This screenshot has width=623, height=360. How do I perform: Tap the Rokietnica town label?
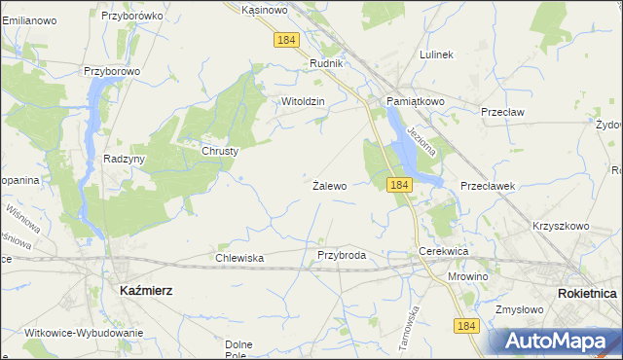(589, 293)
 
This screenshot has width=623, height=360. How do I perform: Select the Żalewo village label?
(330, 185)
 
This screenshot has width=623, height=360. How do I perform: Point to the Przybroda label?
(342, 255)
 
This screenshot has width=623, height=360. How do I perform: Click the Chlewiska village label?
(239, 258)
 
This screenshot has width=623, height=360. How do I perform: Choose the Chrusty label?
(220, 151)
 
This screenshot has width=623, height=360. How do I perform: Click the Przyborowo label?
(113, 71)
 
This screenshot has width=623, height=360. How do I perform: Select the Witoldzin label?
(302, 101)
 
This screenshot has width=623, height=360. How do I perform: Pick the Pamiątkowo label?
(415, 101)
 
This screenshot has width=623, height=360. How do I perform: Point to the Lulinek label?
(436, 54)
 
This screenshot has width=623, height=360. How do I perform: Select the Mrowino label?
(468, 276)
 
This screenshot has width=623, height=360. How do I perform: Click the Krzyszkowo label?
(561, 226)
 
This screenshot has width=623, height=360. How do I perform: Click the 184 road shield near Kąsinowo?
(286, 40)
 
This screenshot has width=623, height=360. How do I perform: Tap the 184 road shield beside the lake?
(397, 184)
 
